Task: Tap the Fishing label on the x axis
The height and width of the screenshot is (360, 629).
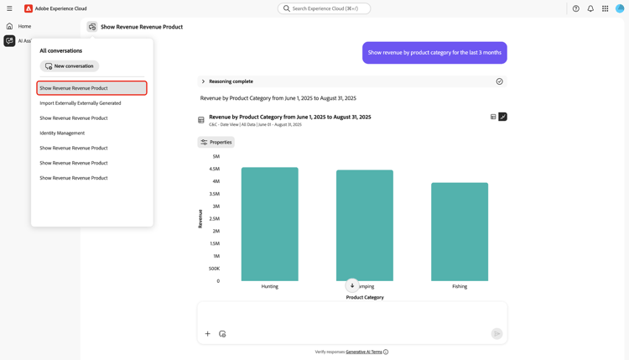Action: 460,286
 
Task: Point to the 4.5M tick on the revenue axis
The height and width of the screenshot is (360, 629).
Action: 214,169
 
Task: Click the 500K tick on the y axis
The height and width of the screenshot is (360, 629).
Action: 214,269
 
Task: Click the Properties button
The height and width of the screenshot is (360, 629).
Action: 216,142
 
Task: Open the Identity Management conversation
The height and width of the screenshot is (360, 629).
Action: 62,133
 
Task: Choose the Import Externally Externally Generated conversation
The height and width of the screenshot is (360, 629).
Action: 81,103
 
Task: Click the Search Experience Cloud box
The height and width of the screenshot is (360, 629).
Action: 325,8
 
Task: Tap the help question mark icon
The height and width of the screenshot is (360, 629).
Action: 575,8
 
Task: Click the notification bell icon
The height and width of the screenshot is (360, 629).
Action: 590,8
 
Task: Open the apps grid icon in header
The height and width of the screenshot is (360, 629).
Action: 606,8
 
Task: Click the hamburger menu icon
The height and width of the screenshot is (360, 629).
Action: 9,8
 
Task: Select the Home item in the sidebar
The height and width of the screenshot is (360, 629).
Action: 24,26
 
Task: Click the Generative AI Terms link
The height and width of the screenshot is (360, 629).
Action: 364,352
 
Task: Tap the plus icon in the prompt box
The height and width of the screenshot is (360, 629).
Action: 208,334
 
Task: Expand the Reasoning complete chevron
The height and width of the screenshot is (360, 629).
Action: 203,81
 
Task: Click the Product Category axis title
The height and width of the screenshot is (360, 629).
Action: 365,297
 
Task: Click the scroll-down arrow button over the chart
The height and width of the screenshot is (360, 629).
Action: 352,285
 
